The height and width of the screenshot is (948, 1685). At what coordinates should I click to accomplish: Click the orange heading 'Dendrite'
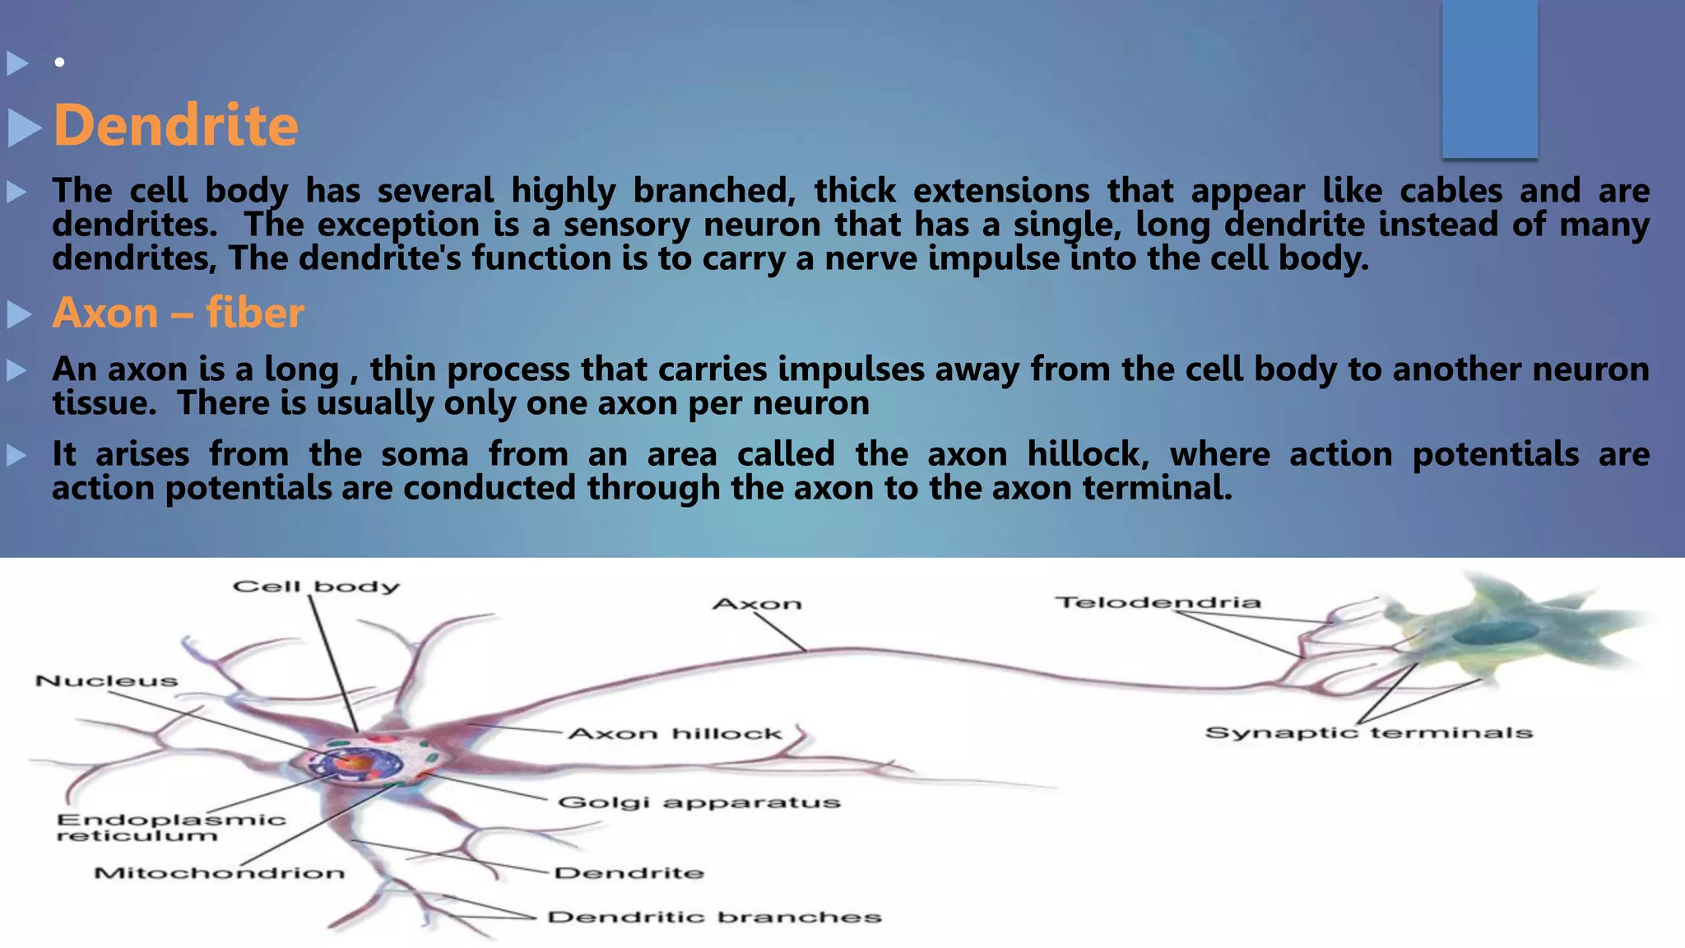(x=175, y=126)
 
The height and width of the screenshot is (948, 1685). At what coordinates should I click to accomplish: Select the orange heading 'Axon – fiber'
(x=178, y=314)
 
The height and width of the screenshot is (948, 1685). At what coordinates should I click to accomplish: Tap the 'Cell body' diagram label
(x=316, y=587)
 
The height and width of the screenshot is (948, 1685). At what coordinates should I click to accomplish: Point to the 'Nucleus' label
(x=106, y=681)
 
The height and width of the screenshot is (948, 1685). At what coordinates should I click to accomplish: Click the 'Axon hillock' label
(x=675, y=734)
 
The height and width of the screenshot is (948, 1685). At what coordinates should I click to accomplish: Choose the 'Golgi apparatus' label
(x=699, y=802)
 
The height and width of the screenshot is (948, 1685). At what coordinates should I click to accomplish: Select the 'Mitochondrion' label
(x=219, y=873)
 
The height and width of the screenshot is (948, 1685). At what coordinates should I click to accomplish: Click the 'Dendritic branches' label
(x=714, y=918)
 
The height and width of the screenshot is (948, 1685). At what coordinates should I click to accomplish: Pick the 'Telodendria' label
(x=1158, y=603)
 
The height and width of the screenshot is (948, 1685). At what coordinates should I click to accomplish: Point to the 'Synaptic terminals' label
(x=1368, y=733)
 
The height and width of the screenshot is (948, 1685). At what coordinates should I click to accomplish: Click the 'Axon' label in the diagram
(x=757, y=605)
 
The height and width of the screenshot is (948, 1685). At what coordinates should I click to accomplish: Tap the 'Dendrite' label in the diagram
(x=629, y=873)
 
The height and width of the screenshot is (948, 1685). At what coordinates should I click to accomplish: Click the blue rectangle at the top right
(x=1489, y=78)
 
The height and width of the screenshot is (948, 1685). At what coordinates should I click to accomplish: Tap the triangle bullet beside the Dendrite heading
(x=24, y=128)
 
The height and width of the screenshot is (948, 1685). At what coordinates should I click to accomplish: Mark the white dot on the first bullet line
(x=59, y=63)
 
